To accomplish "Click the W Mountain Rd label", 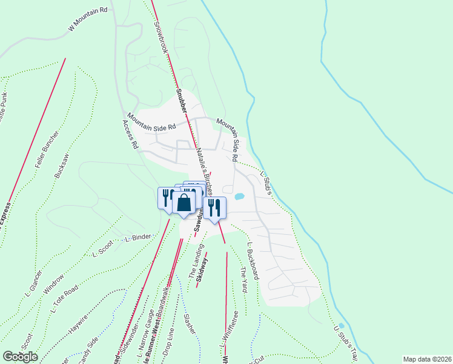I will click(x=88, y=19).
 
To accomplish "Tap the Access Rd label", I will click(x=130, y=134).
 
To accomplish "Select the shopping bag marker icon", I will click(x=184, y=202).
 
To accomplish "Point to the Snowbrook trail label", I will click(x=160, y=36).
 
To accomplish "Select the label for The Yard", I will click(x=243, y=280).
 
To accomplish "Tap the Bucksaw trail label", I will click(x=60, y=164).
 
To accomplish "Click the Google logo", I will click(x=20, y=356).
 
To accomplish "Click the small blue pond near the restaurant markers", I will click(x=239, y=197).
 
